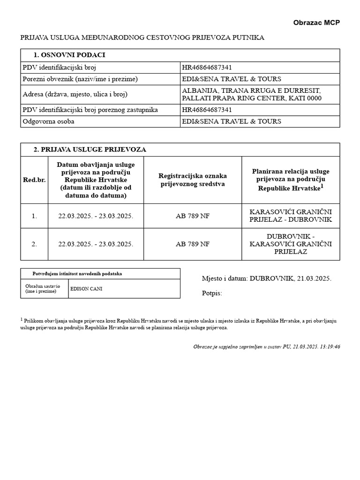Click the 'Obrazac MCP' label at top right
(316, 22)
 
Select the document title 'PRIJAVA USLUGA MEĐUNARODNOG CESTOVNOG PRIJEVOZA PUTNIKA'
(142, 37)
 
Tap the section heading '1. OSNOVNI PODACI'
(69, 55)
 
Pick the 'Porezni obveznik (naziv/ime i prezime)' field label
(80, 79)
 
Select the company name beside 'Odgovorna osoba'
(232, 121)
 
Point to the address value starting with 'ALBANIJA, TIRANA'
(252, 94)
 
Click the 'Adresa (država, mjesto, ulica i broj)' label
(75, 94)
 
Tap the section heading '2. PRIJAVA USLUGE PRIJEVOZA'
(90, 150)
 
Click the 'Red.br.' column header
(34, 180)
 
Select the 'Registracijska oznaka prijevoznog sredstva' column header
(193, 180)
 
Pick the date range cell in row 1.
(96, 216)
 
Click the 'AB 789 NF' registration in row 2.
(193, 244)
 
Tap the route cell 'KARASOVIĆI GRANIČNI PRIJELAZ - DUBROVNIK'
(291, 216)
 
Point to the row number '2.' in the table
(34, 244)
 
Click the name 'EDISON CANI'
(86, 289)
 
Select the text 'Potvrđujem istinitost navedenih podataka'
(77, 273)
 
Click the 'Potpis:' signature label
(212, 293)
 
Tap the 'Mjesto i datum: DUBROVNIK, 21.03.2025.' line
(266, 278)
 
